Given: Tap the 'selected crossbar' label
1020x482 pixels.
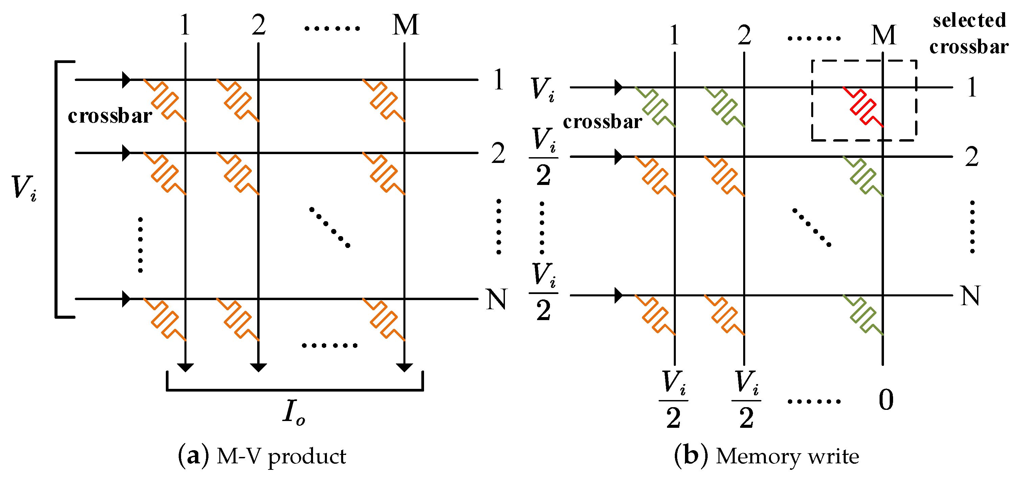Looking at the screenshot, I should point(969,34).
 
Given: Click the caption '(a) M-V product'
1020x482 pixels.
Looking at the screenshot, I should point(262,456).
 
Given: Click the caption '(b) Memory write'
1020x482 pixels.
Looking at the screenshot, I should point(767,456).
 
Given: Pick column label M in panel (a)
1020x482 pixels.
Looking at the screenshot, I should point(405,25).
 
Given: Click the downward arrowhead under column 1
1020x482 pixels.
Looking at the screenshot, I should point(185,367).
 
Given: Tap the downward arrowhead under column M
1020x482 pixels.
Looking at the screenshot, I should point(404,367).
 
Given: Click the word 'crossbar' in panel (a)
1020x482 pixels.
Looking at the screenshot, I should point(110,116).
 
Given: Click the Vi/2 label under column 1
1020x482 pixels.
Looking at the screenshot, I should point(673,400).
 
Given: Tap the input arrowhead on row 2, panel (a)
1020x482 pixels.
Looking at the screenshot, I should point(126,153).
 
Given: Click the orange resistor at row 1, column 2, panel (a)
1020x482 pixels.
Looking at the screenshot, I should point(238,100).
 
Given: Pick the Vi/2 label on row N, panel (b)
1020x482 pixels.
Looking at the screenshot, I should point(543,292).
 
